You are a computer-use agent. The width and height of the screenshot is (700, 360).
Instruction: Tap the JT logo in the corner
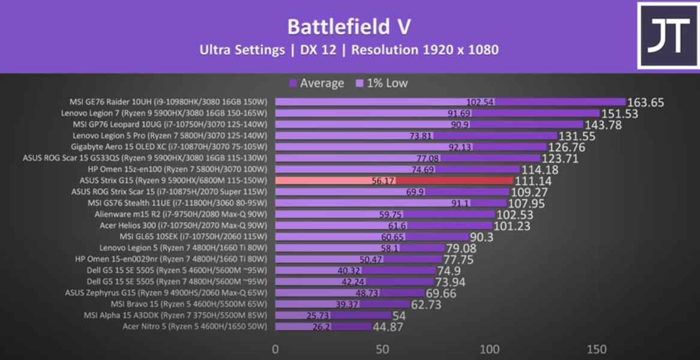tap(666, 36)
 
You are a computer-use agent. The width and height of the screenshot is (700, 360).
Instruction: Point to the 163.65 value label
tap(646, 103)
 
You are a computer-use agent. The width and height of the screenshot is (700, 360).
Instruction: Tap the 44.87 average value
tap(388, 327)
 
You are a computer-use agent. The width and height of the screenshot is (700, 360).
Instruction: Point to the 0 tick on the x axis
tap(276, 349)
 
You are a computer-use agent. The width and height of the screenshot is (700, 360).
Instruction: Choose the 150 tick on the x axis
tap(597, 349)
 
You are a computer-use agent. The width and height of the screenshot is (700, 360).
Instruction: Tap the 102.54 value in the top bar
tap(480, 102)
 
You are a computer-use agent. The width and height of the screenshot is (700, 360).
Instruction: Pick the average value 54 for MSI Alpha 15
tap(399, 316)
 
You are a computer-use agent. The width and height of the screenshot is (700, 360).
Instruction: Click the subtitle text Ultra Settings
tap(242, 50)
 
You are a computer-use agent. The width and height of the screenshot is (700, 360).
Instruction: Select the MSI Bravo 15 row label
tap(189, 304)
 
